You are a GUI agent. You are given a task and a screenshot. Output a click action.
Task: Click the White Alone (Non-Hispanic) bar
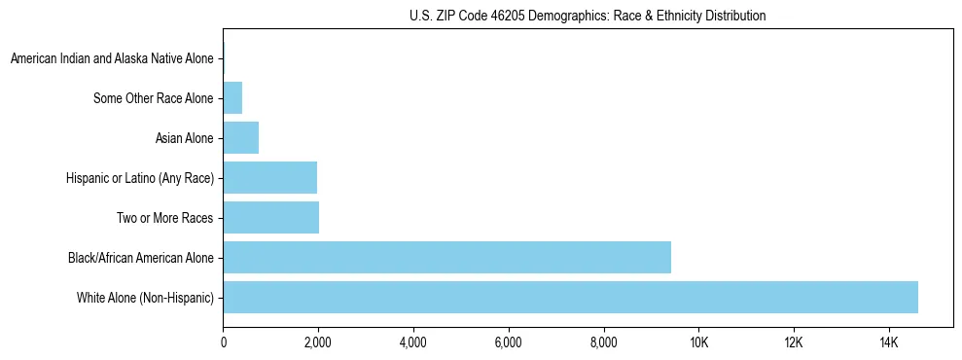pos(570,298)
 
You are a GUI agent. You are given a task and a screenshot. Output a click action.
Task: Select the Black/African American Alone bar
pos(446,258)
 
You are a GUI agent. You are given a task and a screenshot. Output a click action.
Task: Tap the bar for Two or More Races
pos(270,218)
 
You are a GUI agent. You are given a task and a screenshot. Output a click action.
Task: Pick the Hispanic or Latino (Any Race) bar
pos(269,178)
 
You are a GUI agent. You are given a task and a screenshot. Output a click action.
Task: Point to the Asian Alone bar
pos(240,138)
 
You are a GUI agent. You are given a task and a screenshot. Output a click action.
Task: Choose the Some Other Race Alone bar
pos(232,98)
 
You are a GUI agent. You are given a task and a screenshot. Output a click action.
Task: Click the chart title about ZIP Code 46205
pos(588,16)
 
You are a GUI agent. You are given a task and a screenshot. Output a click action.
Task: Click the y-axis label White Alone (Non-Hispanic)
pos(145,298)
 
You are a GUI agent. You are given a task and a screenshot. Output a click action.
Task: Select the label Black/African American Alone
pos(141,258)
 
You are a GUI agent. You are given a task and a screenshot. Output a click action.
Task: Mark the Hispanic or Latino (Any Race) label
pos(140,178)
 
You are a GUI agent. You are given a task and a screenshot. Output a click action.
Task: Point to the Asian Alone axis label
pos(185,138)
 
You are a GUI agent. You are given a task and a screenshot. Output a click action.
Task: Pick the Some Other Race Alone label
pos(154,98)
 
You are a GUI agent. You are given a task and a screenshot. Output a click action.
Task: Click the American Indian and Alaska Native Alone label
pos(112,59)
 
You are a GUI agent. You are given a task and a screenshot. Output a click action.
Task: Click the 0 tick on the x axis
pos(223,342)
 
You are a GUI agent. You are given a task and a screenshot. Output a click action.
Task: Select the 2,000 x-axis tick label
pos(318,342)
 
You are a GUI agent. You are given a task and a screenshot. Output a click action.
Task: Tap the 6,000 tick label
pos(509,342)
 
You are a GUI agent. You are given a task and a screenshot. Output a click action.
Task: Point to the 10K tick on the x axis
pos(698,342)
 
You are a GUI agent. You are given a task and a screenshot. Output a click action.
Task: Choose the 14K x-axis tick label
pos(889,342)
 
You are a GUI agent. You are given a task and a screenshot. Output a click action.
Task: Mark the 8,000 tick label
pos(603,342)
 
